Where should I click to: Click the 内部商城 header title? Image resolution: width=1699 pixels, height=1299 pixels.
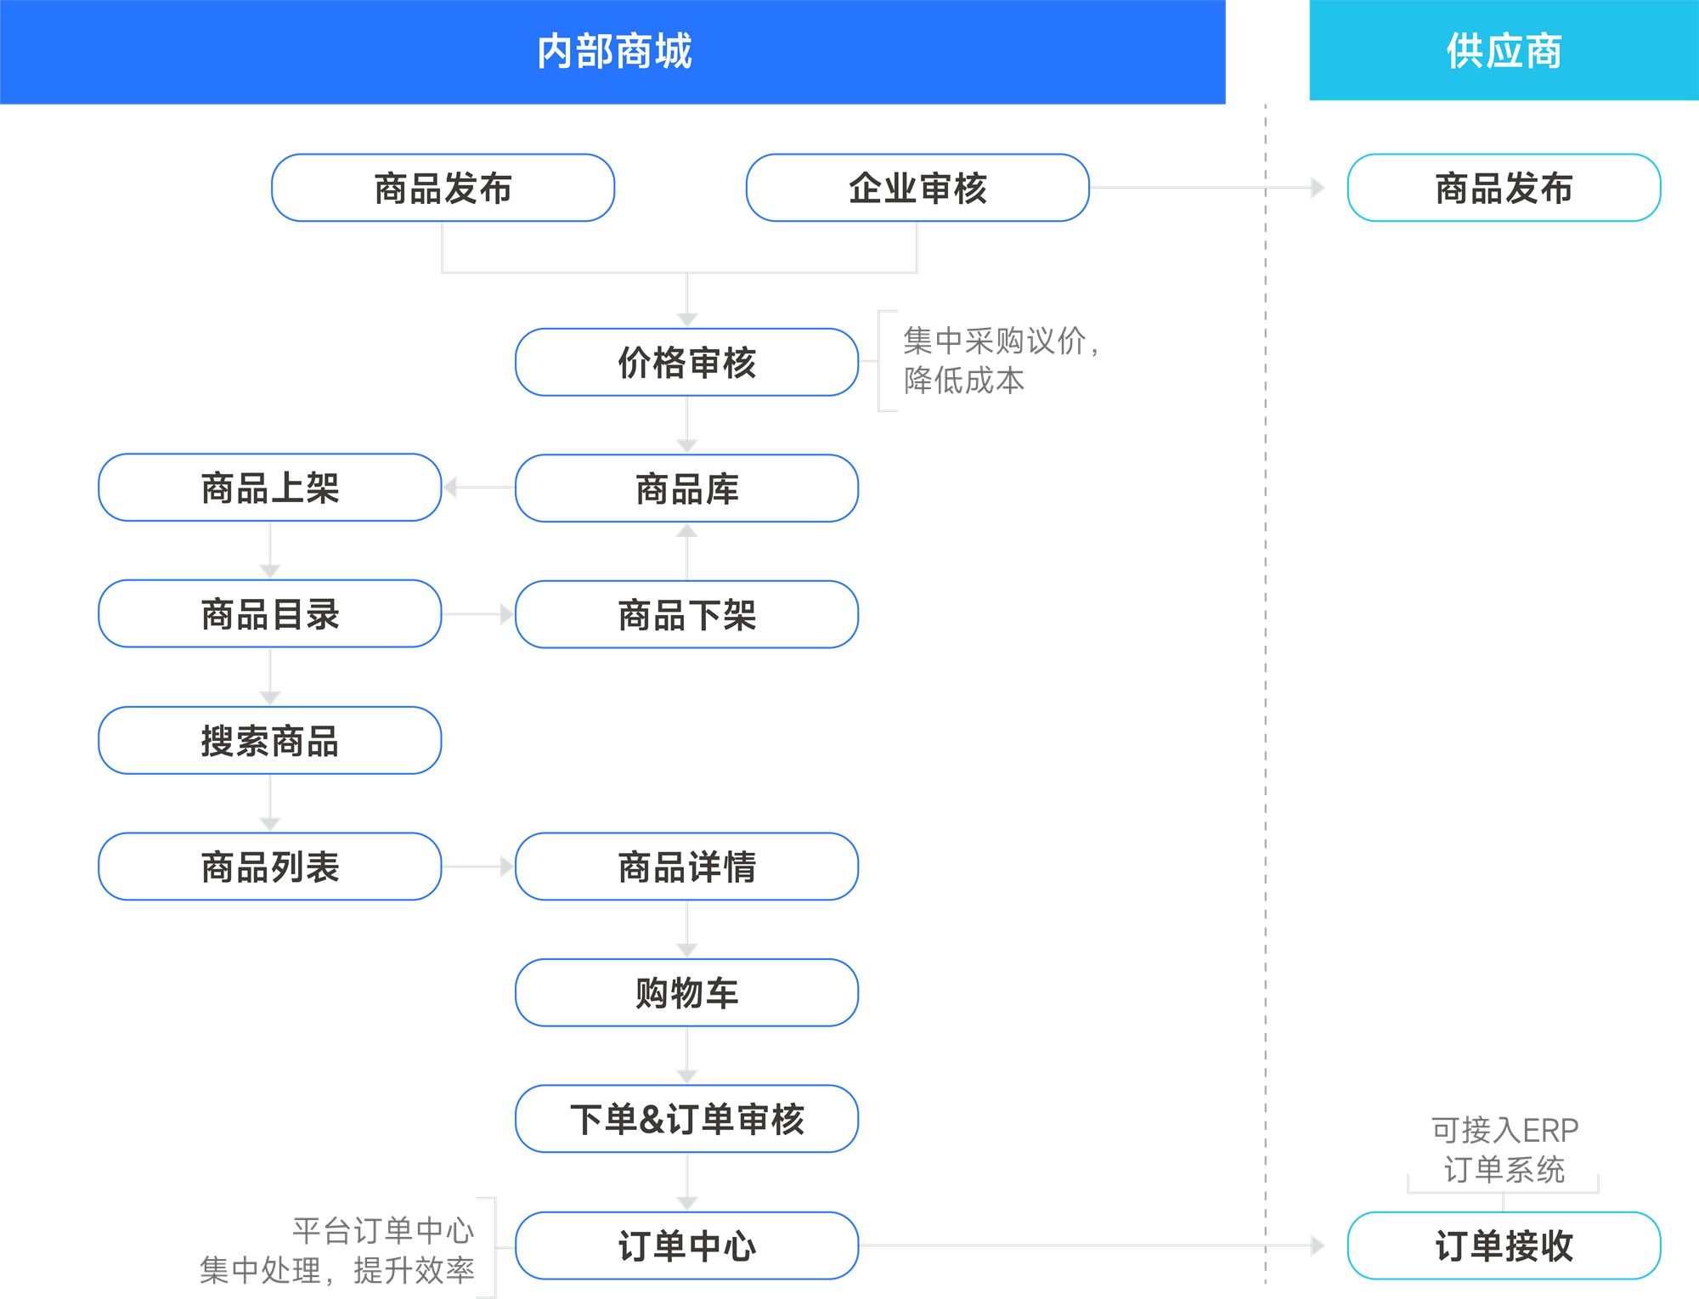point(613,51)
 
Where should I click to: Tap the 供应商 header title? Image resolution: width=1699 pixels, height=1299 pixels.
point(1504,51)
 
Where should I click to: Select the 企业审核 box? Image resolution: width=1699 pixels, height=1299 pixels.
point(917,188)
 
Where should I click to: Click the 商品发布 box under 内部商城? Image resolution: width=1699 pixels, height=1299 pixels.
point(443,188)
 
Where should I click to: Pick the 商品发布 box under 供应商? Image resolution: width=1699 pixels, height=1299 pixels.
point(1504,188)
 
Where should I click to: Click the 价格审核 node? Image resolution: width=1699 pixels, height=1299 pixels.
point(686,362)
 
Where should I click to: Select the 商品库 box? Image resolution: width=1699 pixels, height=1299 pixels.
point(686,489)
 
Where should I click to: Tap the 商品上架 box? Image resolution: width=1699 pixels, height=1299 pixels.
point(270,488)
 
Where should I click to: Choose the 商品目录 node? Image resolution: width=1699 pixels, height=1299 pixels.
point(270,614)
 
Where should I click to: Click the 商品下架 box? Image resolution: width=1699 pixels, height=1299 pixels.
point(686,614)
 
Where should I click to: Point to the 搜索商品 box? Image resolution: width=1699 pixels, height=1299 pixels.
point(270,740)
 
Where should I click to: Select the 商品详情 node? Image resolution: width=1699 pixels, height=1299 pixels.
point(686,867)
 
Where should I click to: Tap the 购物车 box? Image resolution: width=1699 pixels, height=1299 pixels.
point(686,992)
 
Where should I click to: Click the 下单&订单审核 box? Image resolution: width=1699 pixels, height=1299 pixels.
point(686,1119)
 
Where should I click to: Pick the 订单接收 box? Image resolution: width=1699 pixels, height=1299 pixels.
point(1504,1245)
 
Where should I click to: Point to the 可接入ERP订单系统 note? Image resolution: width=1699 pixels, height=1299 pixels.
point(1504,1149)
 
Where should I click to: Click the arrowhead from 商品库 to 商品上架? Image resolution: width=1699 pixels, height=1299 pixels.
point(450,488)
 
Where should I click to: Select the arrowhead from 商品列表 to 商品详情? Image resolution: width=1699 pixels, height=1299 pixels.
point(507,867)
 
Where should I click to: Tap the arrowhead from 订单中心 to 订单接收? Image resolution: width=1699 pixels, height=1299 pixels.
point(1318,1245)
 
